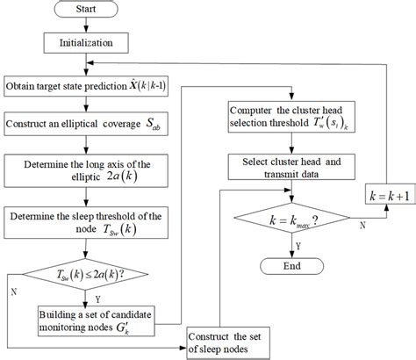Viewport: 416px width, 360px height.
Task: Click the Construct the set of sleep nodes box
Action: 236,341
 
